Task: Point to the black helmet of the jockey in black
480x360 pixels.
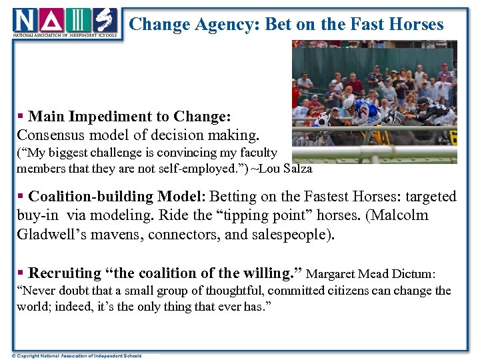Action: point(423,101)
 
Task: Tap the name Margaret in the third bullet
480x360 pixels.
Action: point(333,274)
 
